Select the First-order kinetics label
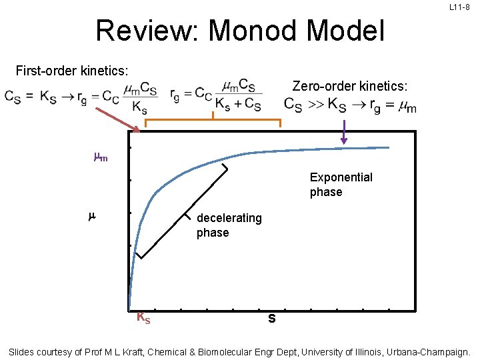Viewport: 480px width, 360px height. click(x=72, y=70)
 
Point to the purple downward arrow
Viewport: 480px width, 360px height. click(x=344, y=132)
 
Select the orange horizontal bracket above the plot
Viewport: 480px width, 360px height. click(x=213, y=120)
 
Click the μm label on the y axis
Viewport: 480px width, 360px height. click(x=100, y=158)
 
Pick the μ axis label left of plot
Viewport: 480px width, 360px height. click(x=91, y=217)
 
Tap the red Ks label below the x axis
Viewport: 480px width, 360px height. click(x=143, y=318)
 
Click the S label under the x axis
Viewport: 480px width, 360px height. click(x=271, y=319)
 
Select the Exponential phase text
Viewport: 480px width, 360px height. click(x=341, y=185)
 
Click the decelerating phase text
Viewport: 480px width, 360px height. click(x=229, y=225)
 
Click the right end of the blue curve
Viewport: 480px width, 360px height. click(x=387, y=147)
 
